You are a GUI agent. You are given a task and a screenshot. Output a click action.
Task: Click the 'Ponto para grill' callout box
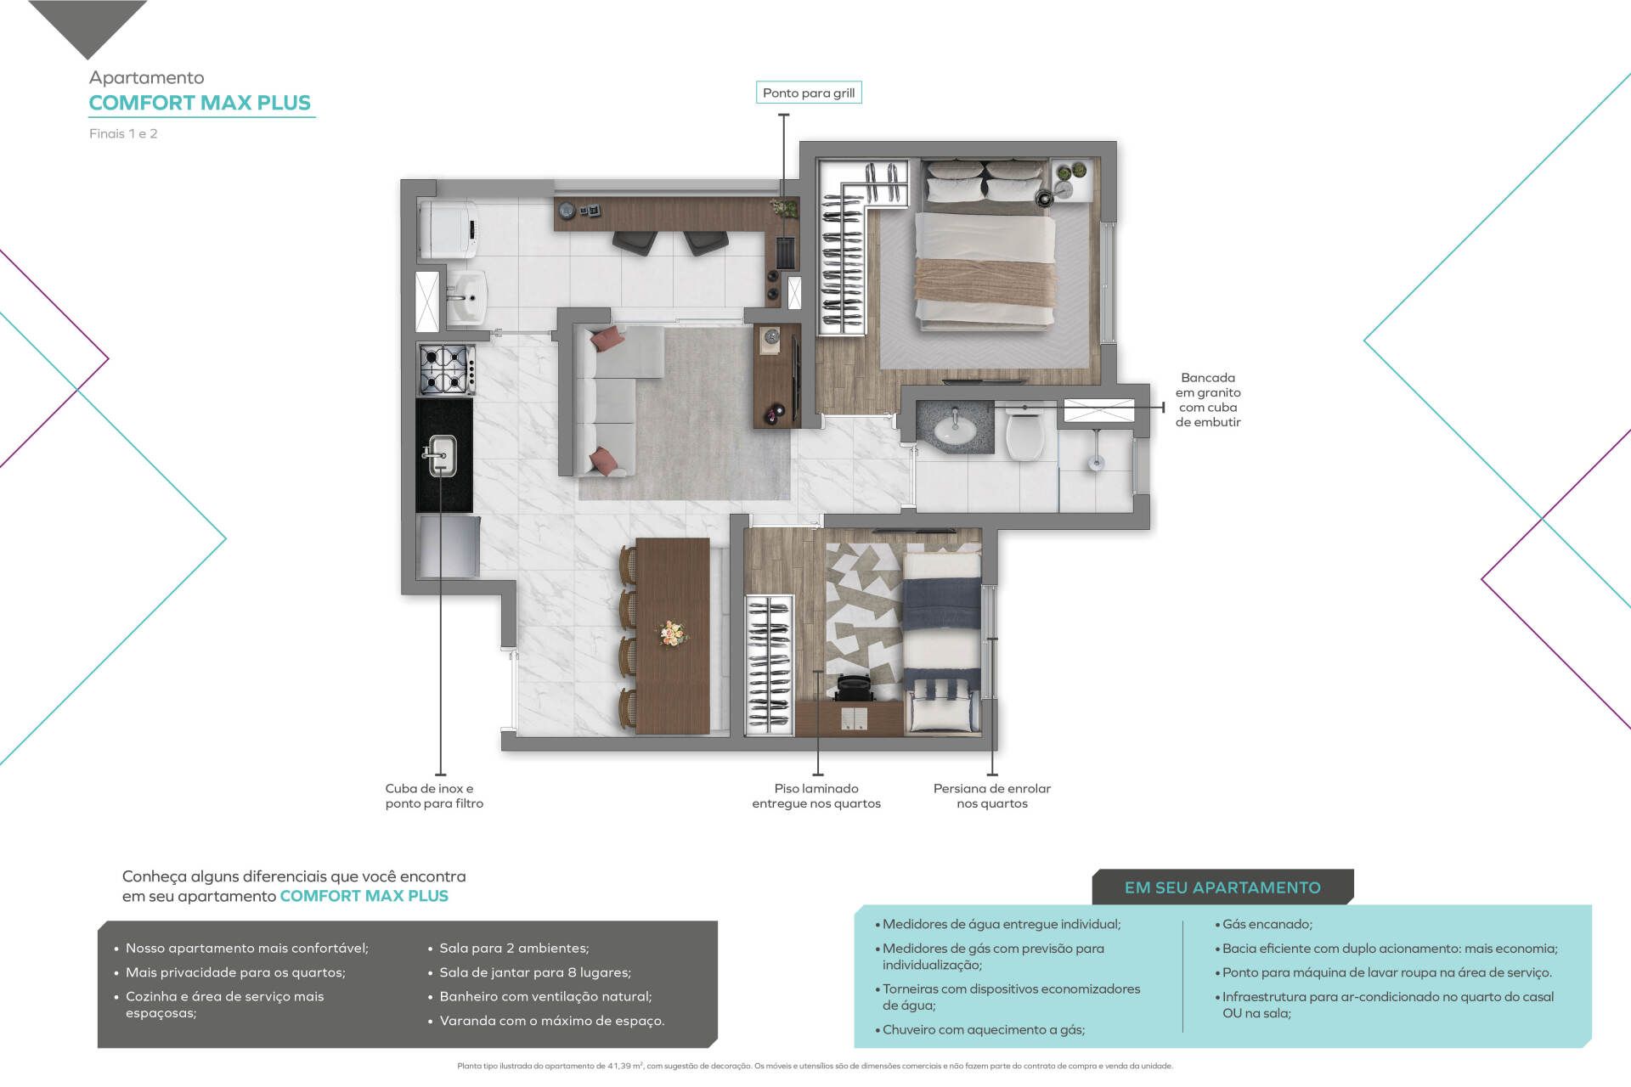click(x=809, y=93)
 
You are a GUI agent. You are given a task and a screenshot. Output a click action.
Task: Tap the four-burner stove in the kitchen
click(x=446, y=369)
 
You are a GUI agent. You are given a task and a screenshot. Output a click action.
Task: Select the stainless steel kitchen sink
click(x=442, y=456)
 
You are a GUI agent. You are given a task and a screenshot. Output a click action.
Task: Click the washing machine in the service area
click(x=449, y=228)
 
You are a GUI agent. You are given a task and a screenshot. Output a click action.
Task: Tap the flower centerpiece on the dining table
click(x=672, y=633)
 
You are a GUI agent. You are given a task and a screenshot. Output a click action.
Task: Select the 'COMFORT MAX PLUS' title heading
click(x=200, y=103)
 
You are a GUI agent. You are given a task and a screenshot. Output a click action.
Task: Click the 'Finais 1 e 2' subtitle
click(x=123, y=133)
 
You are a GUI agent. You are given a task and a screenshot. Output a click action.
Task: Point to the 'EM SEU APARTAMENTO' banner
click(x=1222, y=887)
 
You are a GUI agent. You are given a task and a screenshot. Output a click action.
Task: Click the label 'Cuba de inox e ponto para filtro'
click(x=434, y=796)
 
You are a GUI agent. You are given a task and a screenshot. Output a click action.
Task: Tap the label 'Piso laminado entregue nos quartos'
click(x=816, y=796)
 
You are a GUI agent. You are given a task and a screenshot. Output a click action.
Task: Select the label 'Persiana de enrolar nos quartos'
click(x=992, y=796)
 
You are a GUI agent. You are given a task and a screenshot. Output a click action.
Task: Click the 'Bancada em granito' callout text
click(x=1208, y=400)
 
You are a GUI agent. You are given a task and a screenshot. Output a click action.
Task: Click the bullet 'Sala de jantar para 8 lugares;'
click(x=530, y=972)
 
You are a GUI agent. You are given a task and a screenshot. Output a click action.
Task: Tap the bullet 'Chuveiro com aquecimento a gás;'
click(x=979, y=1030)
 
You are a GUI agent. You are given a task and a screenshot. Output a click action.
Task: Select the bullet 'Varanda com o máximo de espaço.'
click(x=547, y=1021)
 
